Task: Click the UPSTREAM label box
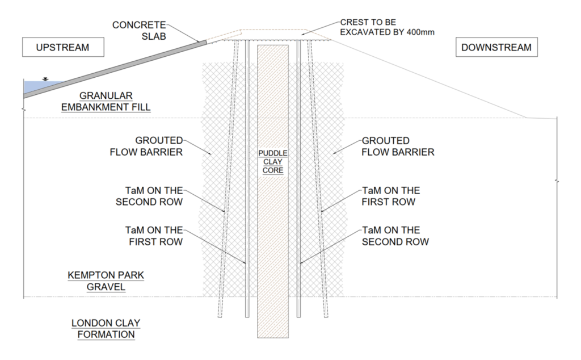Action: (x=63, y=47)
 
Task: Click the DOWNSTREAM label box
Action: (x=496, y=47)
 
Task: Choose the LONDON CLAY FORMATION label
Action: (x=106, y=329)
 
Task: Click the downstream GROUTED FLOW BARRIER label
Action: (x=398, y=146)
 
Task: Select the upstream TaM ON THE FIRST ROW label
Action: (x=154, y=236)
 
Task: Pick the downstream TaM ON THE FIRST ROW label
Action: (x=391, y=196)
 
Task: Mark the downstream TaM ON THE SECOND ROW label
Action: (x=395, y=236)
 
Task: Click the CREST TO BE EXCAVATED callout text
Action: (x=387, y=27)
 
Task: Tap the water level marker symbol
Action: (x=45, y=79)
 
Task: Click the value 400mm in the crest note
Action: (x=420, y=32)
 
